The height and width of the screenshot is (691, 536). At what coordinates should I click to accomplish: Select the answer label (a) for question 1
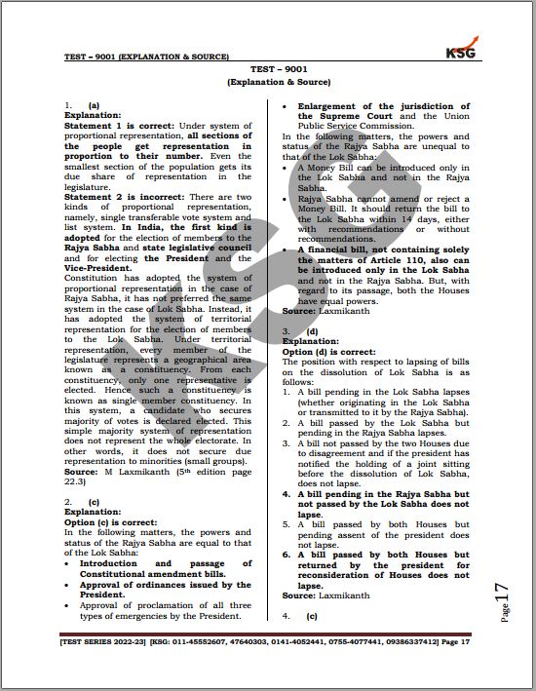click(95, 104)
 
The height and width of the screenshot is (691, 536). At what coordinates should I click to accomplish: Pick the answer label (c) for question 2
click(95, 502)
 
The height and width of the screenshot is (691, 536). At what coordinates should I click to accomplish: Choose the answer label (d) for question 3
click(312, 331)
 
